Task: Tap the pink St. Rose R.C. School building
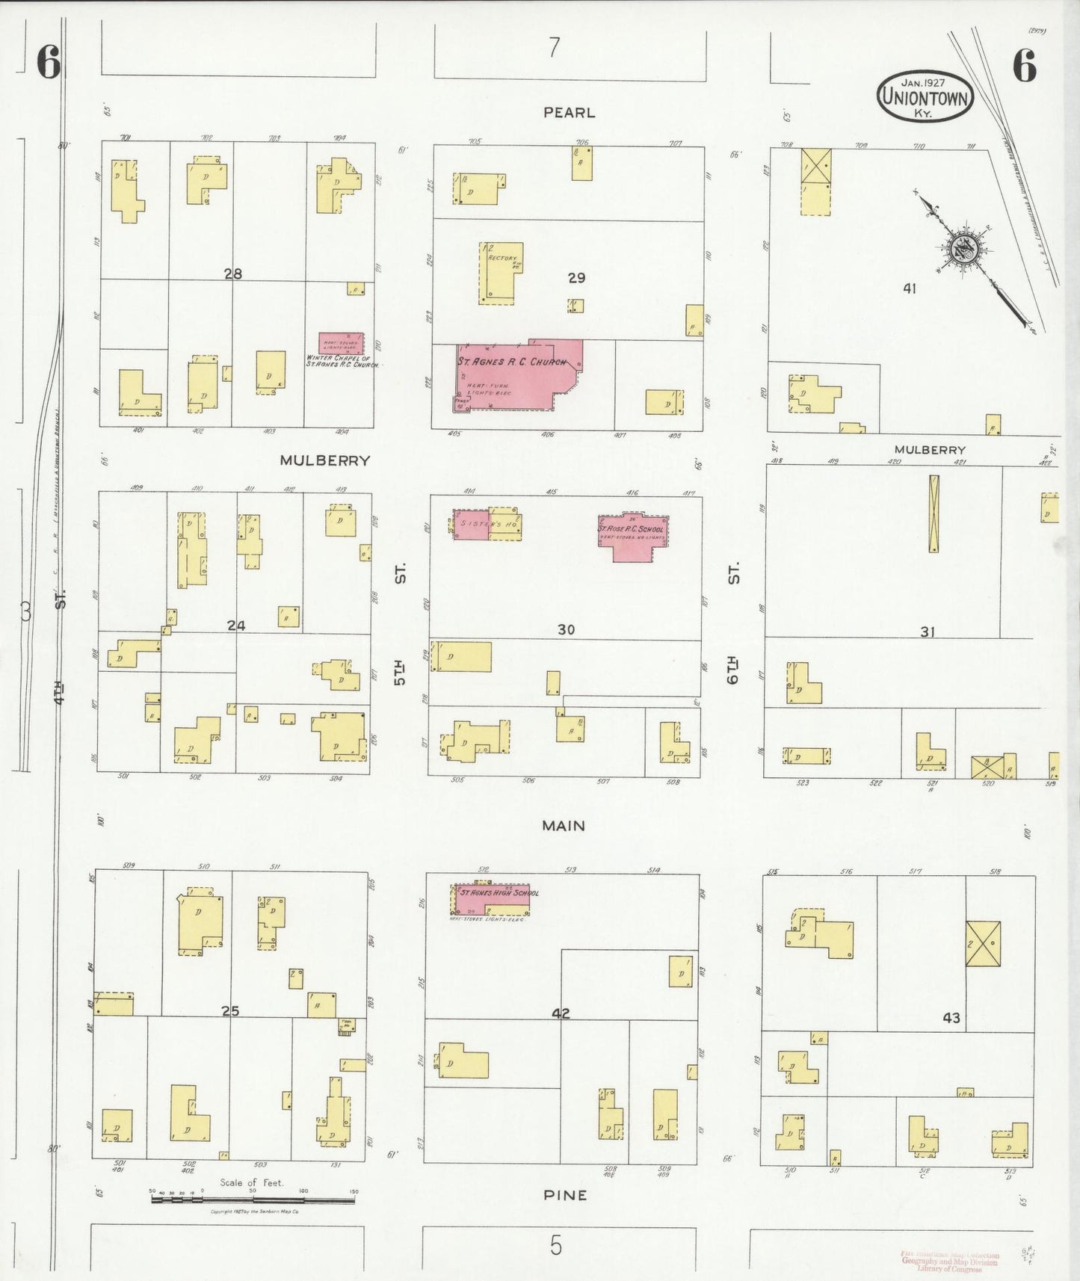[632, 535]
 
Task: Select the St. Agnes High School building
[490, 899]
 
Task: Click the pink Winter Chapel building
[341, 343]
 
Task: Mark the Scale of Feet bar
[253, 1200]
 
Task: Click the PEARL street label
[569, 113]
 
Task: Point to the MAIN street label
[564, 826]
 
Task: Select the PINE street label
[565, 1195]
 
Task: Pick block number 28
[233, 274]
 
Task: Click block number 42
[561, 1013]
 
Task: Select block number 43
[951, 1018]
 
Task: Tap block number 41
[909, 288]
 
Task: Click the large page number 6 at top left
[49, 63]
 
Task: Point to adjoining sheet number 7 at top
[553, 48]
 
